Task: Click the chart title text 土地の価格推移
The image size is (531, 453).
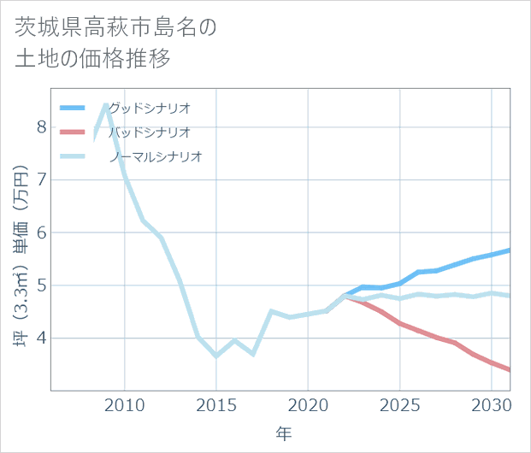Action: tap(92, 61)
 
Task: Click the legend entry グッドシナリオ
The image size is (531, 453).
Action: tap(149, 108)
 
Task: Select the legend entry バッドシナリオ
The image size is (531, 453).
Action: tap(149, 132)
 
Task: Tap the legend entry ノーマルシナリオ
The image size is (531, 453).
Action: tap(155, 156)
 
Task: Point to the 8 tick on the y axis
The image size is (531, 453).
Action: tap(41, 126)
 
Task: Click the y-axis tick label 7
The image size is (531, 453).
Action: tap(41, 179)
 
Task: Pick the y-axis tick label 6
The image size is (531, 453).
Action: tap(41, 232)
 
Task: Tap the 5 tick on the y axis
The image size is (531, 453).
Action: tap(41, 285)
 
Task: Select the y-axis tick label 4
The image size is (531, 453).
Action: tap(41, 338)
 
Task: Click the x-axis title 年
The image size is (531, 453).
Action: tap(283, 434)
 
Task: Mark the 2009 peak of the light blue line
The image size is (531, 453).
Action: tap(106, 104)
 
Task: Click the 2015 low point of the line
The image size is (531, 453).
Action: tap(216, 356)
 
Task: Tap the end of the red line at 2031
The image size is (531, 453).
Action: tap(510, 370)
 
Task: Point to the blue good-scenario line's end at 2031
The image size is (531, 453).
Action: tap(510, 250)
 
